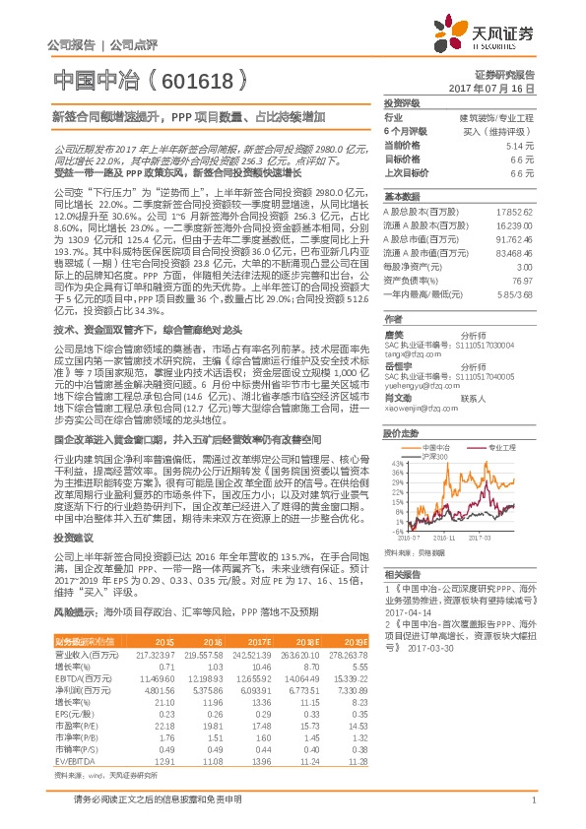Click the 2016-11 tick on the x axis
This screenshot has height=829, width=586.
click(442, 538)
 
